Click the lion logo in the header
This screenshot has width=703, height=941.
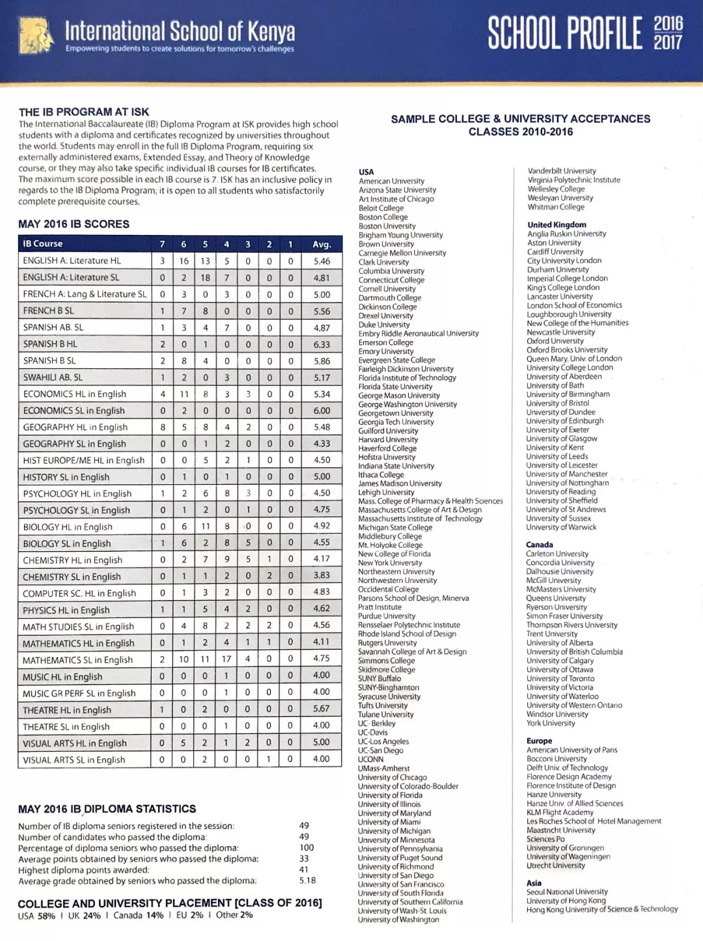(x=36, y=36)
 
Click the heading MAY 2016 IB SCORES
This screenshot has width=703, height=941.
(x=74, y=224)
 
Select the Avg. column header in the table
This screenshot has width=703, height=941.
(x=322, y=244)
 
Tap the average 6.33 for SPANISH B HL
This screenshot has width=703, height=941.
(x=322, y=344)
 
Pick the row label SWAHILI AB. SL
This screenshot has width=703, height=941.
(x=53, y=377)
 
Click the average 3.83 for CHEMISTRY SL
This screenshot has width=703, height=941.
(x=322, y=575)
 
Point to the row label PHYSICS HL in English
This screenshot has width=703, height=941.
(x=66, y=610)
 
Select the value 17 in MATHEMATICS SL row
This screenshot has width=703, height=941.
(x=227, y=659)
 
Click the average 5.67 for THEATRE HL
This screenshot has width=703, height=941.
(x=322, y=709)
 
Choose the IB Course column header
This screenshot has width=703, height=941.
(x=43, y=244)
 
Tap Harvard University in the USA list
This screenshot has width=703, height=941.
(x=388, y=440)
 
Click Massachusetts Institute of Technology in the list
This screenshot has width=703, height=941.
(x=420, y=519)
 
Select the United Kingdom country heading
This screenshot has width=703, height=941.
(x=557, y=225)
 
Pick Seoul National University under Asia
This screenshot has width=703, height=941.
(x=567, y=892)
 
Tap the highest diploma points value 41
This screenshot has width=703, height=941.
(x=304, y=869)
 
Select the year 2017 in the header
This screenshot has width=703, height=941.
(x=669, y=43)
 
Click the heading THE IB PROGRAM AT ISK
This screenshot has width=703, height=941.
(x=83, y=112)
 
